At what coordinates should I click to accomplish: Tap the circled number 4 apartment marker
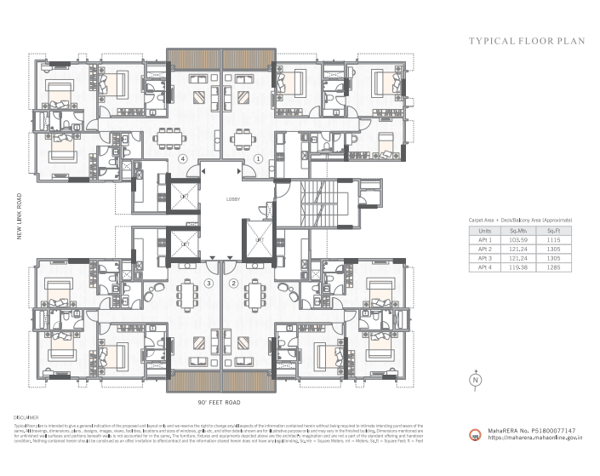point(181,158)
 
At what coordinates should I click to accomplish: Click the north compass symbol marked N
point(476,379)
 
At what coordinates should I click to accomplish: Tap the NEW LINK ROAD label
point(18,216)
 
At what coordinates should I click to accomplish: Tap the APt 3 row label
point(485,259)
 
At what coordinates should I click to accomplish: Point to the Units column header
point(485,232)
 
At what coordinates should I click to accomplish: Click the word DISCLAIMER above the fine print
point(27,417)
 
